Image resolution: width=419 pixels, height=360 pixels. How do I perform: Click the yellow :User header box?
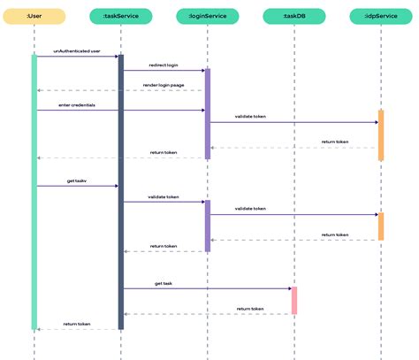click(34, 16)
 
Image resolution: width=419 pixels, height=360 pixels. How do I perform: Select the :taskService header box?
click(121, 16)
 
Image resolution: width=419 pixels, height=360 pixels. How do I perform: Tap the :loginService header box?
click(208, 16)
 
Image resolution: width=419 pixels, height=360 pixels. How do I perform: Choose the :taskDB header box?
click(294, 16)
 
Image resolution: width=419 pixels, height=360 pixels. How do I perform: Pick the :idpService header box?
click(381, 16)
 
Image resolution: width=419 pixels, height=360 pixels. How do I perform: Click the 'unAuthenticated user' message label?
click(77, 51)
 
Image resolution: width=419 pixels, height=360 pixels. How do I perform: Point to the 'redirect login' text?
click(164, 65)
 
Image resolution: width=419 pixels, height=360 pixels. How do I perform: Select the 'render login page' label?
click(164, 85)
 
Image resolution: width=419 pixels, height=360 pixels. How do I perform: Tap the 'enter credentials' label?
click(77, 104)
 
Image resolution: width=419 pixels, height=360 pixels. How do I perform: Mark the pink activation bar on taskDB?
click(294, 300)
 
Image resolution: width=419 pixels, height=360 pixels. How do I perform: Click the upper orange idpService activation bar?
click(381, 135)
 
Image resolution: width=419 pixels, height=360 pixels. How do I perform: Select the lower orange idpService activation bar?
click(381, 226)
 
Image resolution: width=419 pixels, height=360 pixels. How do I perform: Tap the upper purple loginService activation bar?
click(208, 113)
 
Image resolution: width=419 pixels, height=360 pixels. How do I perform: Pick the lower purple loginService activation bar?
click(208, 226)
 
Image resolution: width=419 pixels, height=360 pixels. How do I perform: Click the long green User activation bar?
click(34, 191)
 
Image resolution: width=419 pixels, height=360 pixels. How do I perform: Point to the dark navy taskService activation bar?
click(121, 191)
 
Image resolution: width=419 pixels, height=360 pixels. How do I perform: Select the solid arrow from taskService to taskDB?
click(208, 288)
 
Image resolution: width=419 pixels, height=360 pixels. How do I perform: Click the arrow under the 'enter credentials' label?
click(77, 111)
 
